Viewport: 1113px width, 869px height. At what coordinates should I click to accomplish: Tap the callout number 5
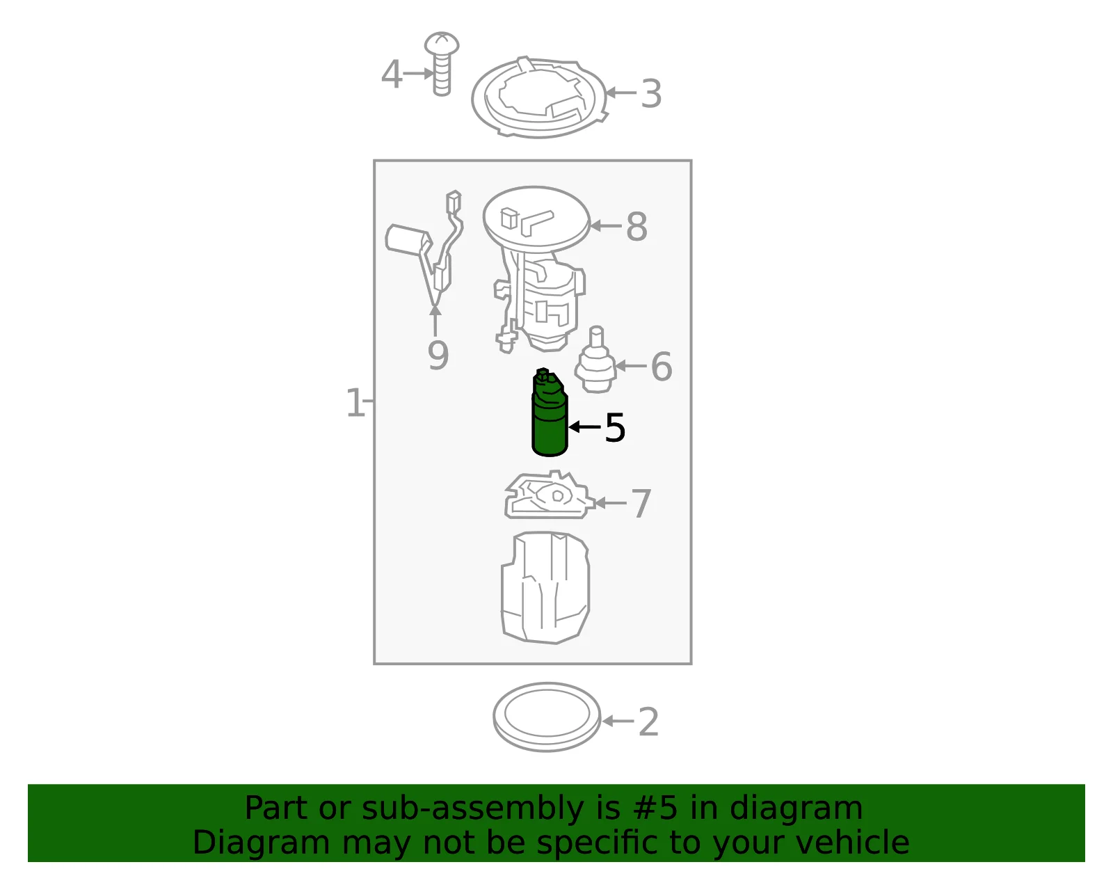pyautogui.click(x=615, y=428)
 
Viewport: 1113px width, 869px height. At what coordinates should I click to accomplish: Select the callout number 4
pyautogui.click(x=392, y=74)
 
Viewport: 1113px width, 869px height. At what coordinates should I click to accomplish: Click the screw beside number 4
pyautogui.click(x=442, y=63)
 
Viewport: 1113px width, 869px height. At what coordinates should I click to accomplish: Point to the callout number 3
pyautogui.click(x=652, y=94)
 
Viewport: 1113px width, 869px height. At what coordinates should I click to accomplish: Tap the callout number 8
pyautogui.click(x=636, y=226)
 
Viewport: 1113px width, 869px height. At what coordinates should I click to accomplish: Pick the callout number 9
pyautogui.click(x=438, y=356)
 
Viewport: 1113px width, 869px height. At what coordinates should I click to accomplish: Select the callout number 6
pyautogui.click(x=662, y=367)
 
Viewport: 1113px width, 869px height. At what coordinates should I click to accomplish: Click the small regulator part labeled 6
pyautogui.click(x=595, y=361)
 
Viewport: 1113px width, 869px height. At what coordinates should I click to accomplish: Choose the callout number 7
pyautogui.click(x=641, y=504)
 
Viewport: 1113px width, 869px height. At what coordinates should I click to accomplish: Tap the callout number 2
pyautogui.click(x=648, y=722)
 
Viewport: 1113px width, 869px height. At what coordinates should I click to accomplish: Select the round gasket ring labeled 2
pyautogui.click(x=496, y=717)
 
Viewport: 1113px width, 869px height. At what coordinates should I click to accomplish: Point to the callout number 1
pyautogui.click(x=355, y=402)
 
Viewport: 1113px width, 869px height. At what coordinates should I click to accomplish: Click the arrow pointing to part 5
pyautogui.click(x=584, y=426)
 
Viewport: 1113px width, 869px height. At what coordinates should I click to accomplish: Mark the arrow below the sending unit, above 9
pyautogui.click(x=435, y=320)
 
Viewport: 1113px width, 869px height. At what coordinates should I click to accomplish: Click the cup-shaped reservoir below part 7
pyautogui.click(x=545, y=588)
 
